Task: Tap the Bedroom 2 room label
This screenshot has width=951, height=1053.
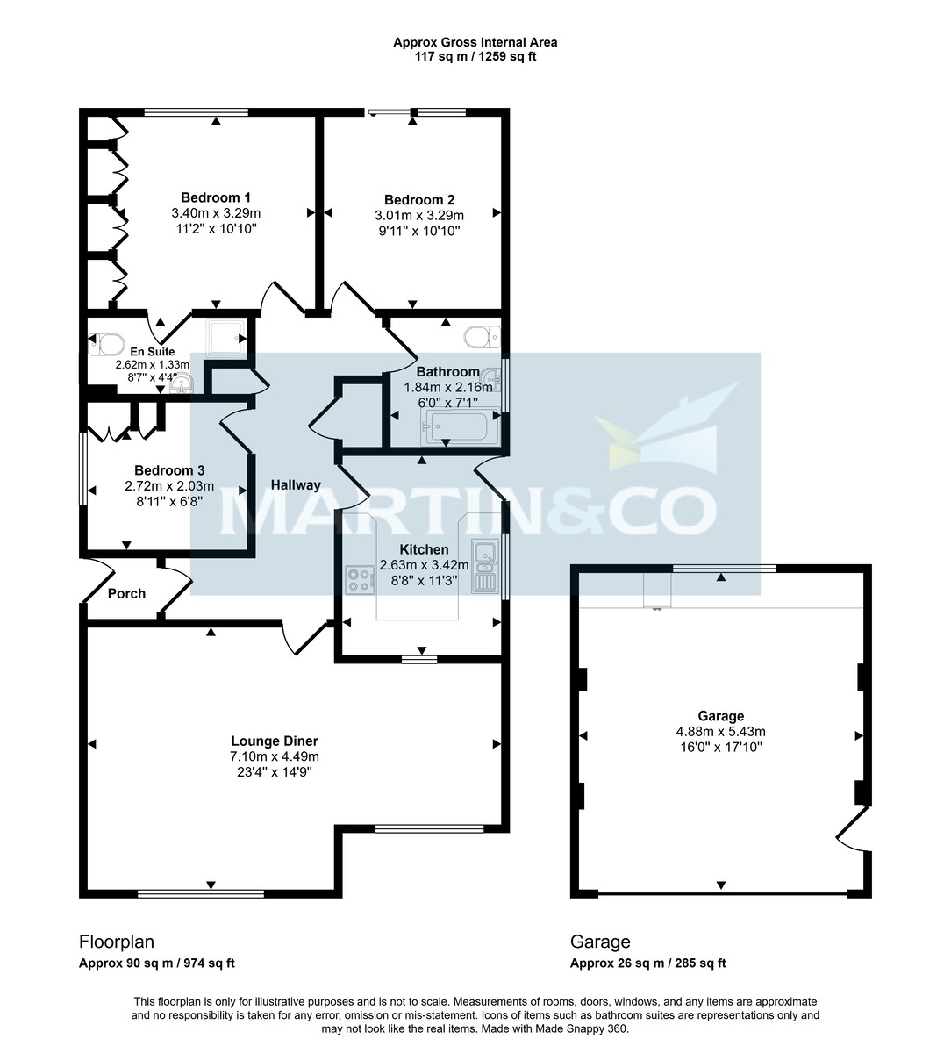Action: click(419, 199)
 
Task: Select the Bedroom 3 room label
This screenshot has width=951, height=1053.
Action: click(157, 470)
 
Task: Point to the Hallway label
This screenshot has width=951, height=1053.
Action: click(296, 484)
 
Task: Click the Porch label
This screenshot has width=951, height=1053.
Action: click(126, 593)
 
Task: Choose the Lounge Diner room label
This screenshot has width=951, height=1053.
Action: click(274, 741)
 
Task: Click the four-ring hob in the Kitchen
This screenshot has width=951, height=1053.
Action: click(360, 579)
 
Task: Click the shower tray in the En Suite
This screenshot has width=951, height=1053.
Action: click(225, 336)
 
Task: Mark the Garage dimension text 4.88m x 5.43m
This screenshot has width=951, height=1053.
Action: click(720, 732)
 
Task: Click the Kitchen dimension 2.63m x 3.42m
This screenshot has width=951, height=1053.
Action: click(424, 565)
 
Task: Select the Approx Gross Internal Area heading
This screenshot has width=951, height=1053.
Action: click(475, 42)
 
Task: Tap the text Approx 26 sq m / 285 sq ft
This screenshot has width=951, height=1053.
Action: click(647, 963)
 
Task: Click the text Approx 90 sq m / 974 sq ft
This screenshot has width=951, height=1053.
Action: click(157, 963)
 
